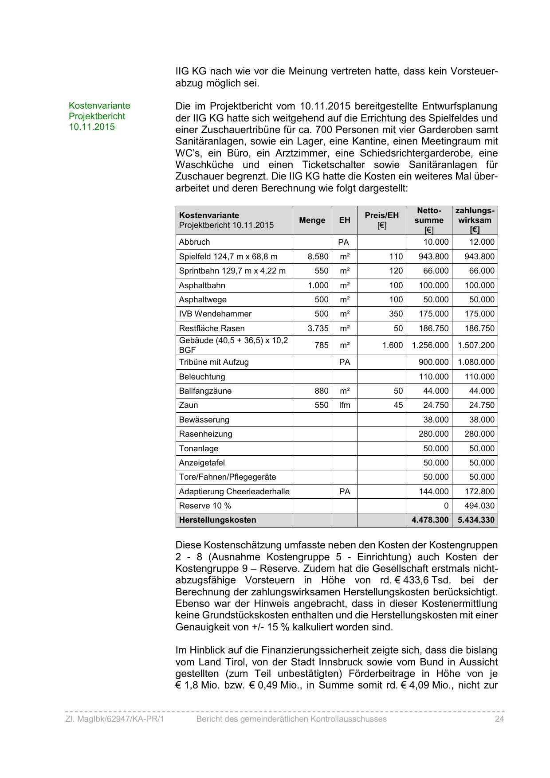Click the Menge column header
pyautogui.click(x=312, y=220)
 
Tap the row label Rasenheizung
pyautogui.click(x=205, y=434)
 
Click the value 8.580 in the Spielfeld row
pyautogui.click(x=318, y=257)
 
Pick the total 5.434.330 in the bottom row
pyautogui.click(x=476, y=520)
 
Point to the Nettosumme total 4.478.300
pyautogui.click(x=430, y=520)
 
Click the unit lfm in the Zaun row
pyautogui.click(x=345, y=405)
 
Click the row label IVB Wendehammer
pyautogui.click(x=215, y=314)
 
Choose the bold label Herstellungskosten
pyautogui.click(x=217, y=520)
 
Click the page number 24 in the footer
pyautogui.click(x=499, y=719)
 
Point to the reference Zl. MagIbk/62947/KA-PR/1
pyautogui.click(x=114, y=719)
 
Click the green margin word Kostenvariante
pyautogui.click(x=99, y=106)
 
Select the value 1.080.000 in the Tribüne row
pyautogui.click(x=476, y=362)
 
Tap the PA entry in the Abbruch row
pyautogui.click(x=343, y=242)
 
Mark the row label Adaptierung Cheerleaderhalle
pyautogui.click(x=234, y=492)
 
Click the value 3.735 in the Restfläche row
pyautogui.click(x=318, y=328)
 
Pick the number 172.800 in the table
pyautogui.click(x=479, y=492)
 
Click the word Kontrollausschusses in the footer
pyautogui.click(x=344, y=719)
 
